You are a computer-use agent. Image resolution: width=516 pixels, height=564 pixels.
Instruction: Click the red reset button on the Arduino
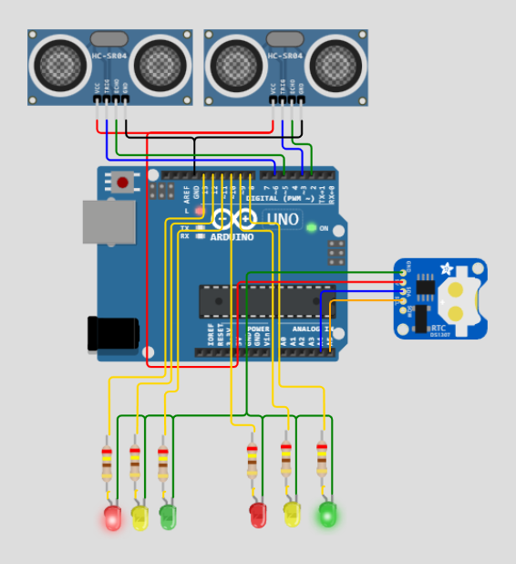123,183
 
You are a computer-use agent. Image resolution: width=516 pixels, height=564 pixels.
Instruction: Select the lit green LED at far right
326,515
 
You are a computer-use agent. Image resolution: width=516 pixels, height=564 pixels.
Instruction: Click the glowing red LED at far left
112,518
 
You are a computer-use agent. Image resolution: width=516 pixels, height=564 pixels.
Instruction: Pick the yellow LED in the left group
139,517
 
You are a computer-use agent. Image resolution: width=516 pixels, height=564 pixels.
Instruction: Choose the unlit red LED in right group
258,515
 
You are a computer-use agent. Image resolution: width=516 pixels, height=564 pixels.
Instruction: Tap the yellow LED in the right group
292,514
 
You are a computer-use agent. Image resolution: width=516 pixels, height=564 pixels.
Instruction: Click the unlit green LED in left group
168,517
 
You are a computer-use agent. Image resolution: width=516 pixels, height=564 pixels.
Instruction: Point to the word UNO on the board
283,219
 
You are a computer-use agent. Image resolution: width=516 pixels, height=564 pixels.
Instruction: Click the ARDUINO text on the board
232,237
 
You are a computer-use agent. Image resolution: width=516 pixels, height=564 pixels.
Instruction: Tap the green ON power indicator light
311,227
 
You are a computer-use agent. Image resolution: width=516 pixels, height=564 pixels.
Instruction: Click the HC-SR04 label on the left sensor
110,57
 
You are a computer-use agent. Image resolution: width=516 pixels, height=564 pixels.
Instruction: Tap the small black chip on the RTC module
426,287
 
